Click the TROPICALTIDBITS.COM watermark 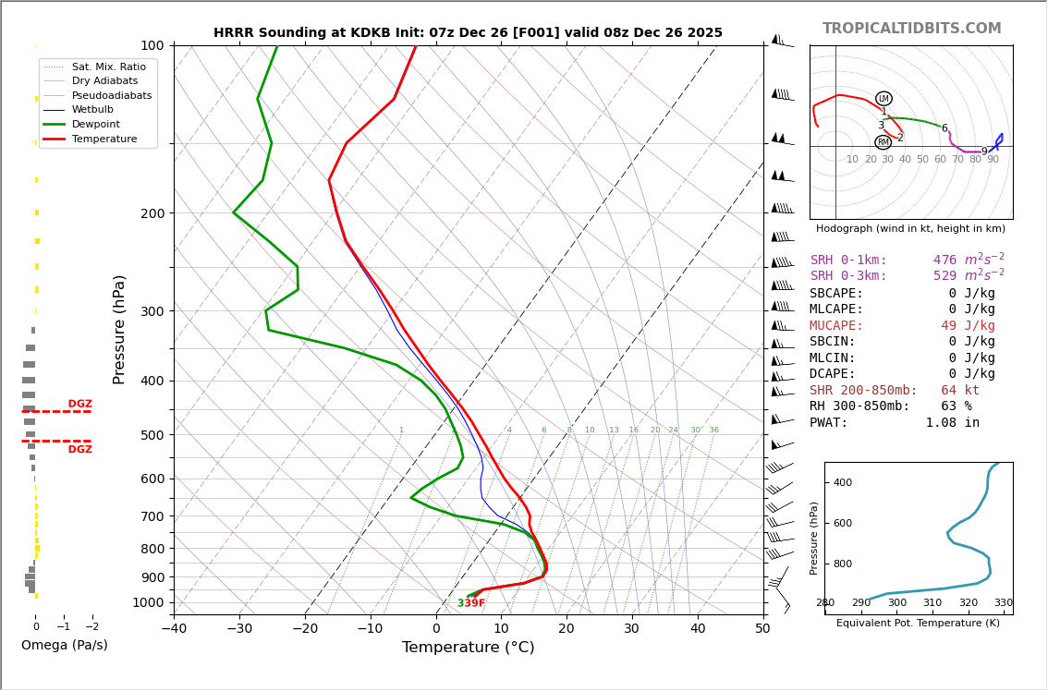pos(911,29)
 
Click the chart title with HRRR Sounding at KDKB pos(468,33)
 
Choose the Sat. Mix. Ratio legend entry pos(108,67)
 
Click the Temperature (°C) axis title pos(468,648)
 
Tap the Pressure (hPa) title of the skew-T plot pos(119,329)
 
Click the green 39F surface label pos(470,603)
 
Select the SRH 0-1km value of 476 pos(944,261)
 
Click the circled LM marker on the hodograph pos(883,99)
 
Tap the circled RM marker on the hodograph pos(883,142)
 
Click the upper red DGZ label pos(79,404)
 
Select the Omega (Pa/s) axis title pos(64,645)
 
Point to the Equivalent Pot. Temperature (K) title pos(918,623)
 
